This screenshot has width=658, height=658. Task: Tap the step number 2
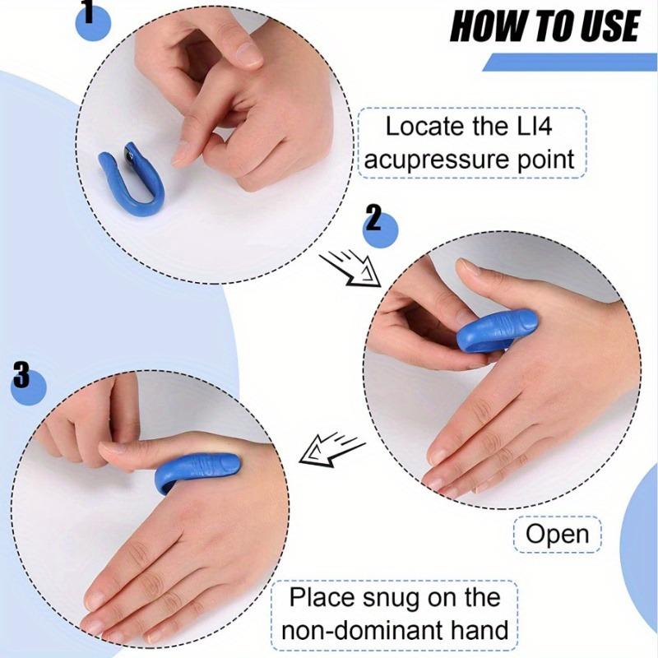[x=373, y=220]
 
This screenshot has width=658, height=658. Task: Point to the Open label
[x=558, y=535]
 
